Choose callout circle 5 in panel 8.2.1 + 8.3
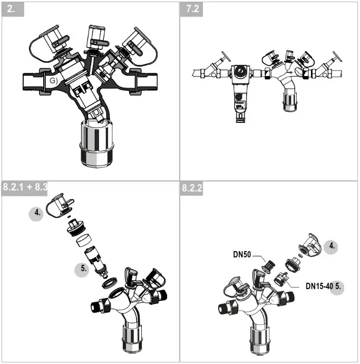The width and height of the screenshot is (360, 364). click(84, 268)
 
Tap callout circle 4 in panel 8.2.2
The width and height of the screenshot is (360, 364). click(332, 246)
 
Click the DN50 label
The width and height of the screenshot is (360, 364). click(244, 254)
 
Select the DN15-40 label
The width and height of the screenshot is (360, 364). click(319, 286)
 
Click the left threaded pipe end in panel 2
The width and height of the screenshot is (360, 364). click(35, 82)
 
